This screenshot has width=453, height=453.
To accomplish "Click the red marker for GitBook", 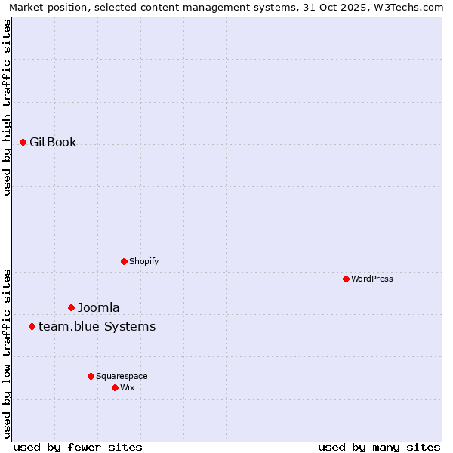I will click(x=23, y=142).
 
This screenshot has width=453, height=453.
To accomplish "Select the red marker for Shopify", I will click(x=124, y=261).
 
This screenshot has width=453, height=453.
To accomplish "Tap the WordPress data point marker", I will click(x=346, y=279).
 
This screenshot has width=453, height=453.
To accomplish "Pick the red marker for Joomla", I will click(x=72, y=307).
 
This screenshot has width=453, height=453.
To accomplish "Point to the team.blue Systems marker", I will click(x=32, y=326).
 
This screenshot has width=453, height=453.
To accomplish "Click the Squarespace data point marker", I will click(x=91, y=376).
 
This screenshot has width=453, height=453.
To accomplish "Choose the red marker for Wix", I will click(x=115, y=387).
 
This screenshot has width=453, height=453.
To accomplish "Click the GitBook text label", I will click(x=53, y=142).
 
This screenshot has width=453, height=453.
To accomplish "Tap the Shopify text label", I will click(x=143, y=261).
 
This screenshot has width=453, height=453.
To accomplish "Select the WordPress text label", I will click(x=372, y=279).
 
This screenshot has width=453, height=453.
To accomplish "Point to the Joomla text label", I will click(x=98, y=307).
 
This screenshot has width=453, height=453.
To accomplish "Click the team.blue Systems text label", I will click(x=97, y=326).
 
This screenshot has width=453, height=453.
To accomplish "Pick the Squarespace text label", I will click(x=122, y=376).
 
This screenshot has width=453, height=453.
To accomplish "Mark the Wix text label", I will click(x=127, y=387).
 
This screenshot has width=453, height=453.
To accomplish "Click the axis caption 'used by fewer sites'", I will click(x=78, y=447).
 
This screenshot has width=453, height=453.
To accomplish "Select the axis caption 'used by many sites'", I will click(x=379, y=447).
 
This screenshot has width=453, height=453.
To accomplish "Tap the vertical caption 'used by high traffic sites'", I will click(x=7, y=107).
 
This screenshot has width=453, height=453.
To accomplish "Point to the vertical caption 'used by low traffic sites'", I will click(x=7, y=353).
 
